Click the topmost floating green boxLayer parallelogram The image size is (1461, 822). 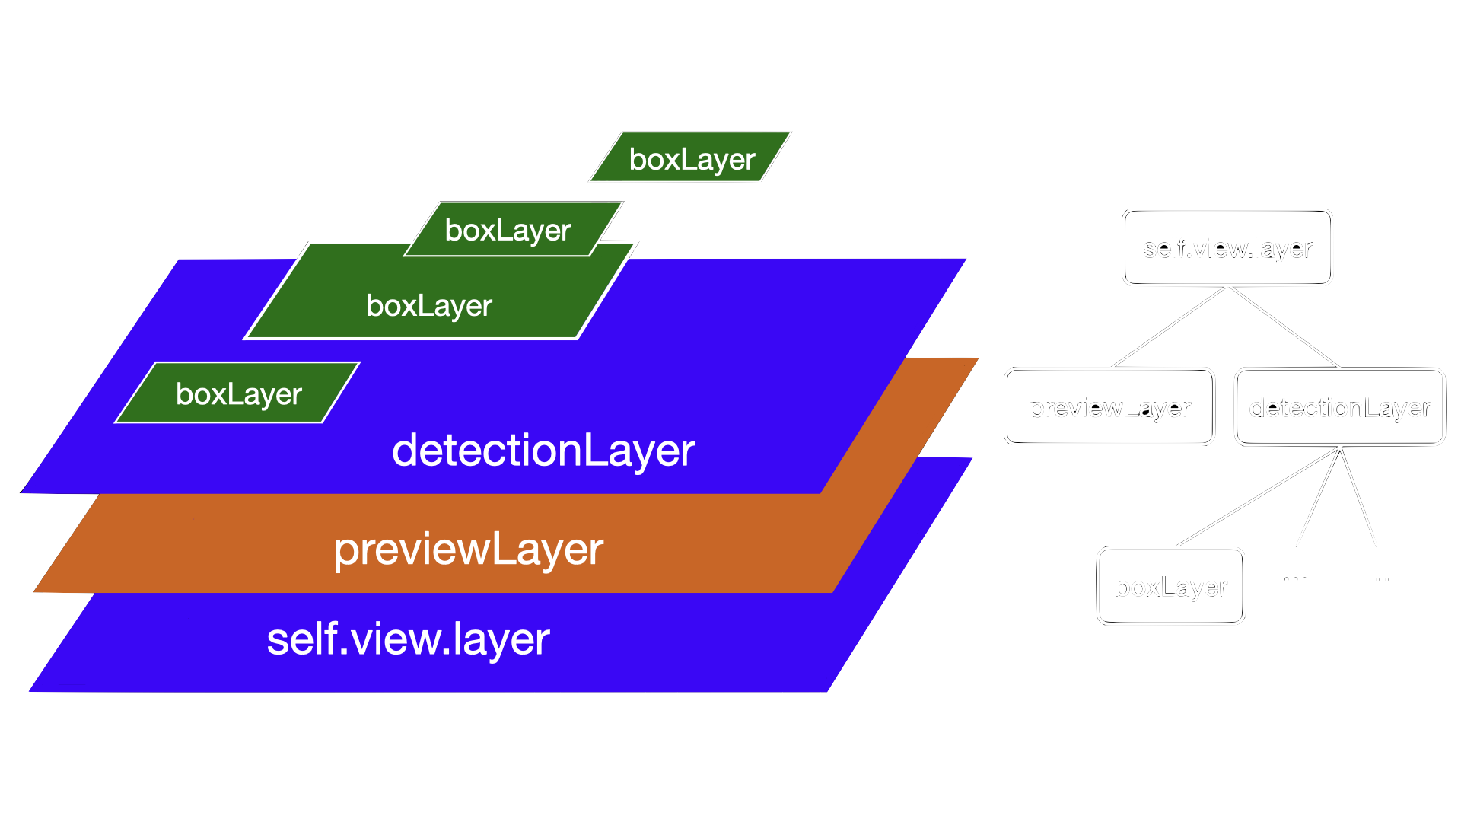tap(690, 158)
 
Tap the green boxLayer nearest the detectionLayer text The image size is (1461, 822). tap(238, 393)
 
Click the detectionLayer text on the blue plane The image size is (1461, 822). tap(543, 450)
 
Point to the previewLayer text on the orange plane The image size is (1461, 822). tap(468, 549)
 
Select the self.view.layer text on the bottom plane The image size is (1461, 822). tap(408, 639)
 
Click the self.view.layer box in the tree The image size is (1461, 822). tap(1227, 248)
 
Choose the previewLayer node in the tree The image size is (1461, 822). tap(1109, 407)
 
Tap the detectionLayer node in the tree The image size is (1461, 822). tap(1339, 407)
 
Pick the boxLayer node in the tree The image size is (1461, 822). tap(1170, 586)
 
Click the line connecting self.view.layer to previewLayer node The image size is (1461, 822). tap(1170, 327)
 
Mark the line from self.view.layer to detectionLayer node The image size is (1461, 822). tap(1284, 327)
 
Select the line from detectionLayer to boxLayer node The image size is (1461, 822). tap(1257, 497)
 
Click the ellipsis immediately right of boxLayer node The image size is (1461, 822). tap(1295, 579)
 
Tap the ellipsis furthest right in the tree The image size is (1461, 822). tap(1377, 579)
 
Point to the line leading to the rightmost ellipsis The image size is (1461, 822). tap(1358, 497)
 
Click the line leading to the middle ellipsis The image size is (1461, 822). tap(1318, 497)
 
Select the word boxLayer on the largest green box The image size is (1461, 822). tap(428, 305)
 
